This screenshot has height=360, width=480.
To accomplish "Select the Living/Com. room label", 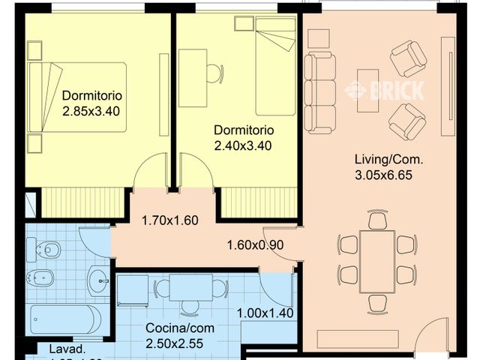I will [388, 160].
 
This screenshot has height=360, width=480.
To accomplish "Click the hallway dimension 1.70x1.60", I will [169, 220].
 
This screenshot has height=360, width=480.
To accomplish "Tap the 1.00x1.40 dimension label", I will [265, 314].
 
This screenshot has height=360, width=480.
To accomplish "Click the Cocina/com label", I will [173, 328].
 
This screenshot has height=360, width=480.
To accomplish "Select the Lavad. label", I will [67, 349].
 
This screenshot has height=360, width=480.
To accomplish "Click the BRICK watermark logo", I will [385, 90].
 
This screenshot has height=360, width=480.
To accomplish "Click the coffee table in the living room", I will [367, 91].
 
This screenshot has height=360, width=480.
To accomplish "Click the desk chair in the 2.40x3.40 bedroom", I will [214, 73].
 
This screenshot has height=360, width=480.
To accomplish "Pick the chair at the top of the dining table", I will [377, 220].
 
